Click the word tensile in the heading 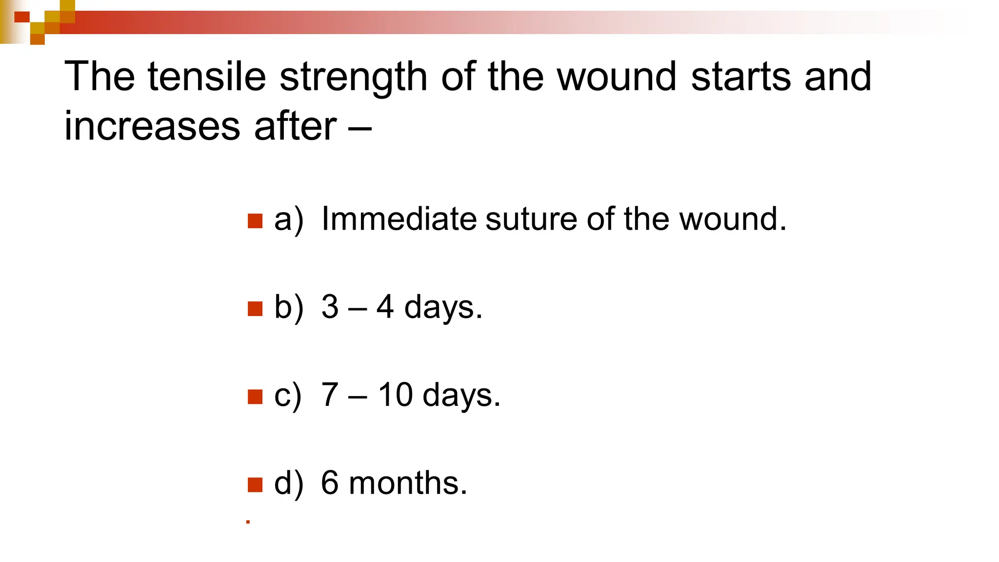tap(206, 77)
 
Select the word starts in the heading tap(740, 77)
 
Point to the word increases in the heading tap(152, 126)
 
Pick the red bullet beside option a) tap(255, 221)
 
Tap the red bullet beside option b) tap(255, 309)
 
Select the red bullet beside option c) tap(255, 397)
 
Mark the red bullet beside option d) tap(255, 485)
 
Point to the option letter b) tap(288, 307)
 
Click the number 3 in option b tap(330, 307)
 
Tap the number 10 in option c tap(395, 395)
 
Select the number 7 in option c tap(330, 395)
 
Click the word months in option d tap(408, 483)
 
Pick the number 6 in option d tap(330, 483)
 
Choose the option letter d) tap(288, 483)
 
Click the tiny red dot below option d tap(248, 522)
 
